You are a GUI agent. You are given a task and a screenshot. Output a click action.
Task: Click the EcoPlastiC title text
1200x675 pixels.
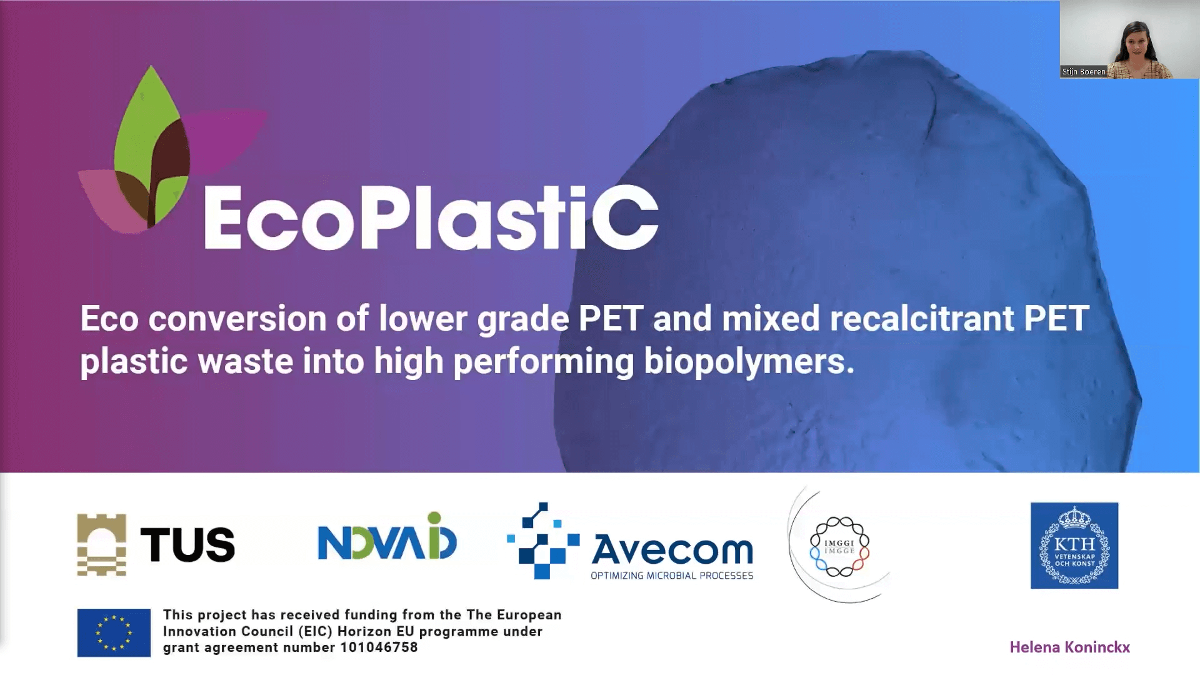(431, 217)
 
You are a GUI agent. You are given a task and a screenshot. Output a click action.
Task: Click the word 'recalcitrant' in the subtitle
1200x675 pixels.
(922, 318)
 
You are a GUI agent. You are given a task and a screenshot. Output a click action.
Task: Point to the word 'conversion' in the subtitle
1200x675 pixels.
(237, 319)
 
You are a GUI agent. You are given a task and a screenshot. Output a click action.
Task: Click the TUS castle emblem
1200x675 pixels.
(102, 544)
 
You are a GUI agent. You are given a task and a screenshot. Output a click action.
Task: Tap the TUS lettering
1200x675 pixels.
(187, 544)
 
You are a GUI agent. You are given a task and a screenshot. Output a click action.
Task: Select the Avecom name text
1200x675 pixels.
(672, 549)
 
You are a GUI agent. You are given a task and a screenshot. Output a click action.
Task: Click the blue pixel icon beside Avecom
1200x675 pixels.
(542, 541)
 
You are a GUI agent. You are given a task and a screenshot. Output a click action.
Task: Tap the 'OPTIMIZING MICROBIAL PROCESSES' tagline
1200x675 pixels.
(672, 576)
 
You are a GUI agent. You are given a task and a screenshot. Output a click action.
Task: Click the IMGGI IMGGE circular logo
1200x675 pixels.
(839, 546)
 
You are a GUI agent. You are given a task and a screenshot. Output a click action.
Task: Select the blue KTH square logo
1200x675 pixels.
(1074, 546)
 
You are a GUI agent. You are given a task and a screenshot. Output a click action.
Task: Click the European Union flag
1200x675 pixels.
(114, 632)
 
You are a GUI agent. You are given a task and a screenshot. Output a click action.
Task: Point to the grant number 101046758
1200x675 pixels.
(379, 647)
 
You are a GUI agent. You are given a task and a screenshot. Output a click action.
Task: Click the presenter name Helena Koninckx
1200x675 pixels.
(1070, 647)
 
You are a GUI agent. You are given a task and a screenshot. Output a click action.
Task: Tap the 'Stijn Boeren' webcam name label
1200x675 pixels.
(1084, 72)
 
